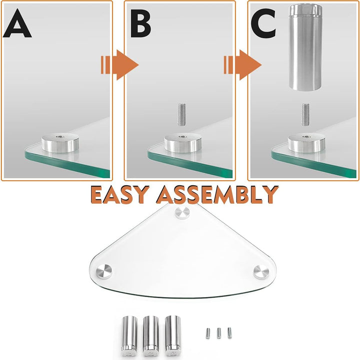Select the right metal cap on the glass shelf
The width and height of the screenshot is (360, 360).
[x=260, y=272]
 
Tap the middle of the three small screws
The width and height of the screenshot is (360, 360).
[x=219, y=332]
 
